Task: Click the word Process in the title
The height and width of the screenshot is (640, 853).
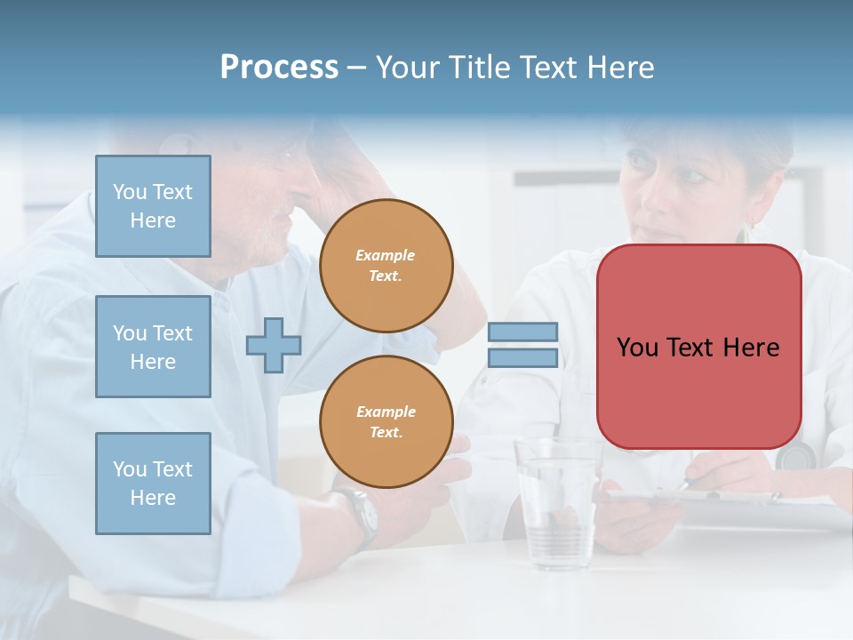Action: tap(279, 68)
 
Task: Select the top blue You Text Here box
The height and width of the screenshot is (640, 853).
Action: tap(153, 206)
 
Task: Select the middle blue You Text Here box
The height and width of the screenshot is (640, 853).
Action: tap(153, 347)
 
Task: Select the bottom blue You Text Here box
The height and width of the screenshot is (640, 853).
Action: tap(153, 483)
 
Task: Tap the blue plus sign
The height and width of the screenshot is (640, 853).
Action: tap(274, 346)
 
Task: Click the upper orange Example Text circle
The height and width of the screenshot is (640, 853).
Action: tap(386, 266)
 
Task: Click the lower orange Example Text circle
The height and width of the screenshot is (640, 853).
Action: tap(386, 421)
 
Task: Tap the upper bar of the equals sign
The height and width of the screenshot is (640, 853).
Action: tap(522, 332)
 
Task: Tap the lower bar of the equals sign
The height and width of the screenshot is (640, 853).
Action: tap(522, 357)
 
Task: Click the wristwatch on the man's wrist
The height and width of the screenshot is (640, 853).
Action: tap(363, 516)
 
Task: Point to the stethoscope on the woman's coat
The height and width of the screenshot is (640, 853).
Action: tap(795, 455)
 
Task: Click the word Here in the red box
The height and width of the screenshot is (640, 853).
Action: tap(751, 348)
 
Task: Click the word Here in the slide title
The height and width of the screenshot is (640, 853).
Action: tap(618, 68)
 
